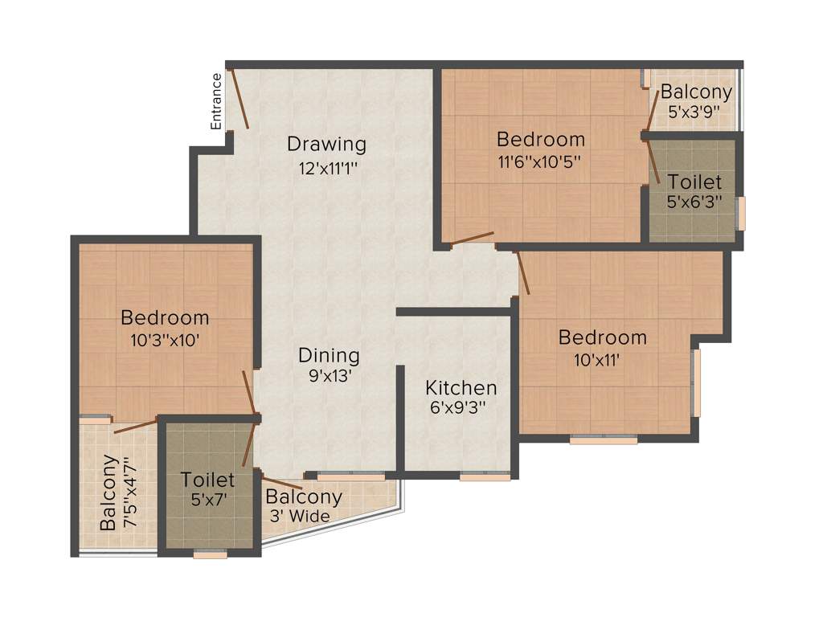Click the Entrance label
pos(215,101)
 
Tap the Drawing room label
pos(326,145)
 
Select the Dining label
pos(329,355)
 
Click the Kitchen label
pos(461,387)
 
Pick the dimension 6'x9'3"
pos(461,407)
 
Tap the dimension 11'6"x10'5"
pos(539,160)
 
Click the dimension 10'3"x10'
pos(165,339)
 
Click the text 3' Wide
pos(297,517)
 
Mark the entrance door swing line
pos(240,100)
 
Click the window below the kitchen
pos(485,477)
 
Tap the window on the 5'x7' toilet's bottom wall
pos(210,553)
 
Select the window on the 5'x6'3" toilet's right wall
pos(741,213)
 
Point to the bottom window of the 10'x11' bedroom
pos(603,439)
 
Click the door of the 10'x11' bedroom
pos(522,273)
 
